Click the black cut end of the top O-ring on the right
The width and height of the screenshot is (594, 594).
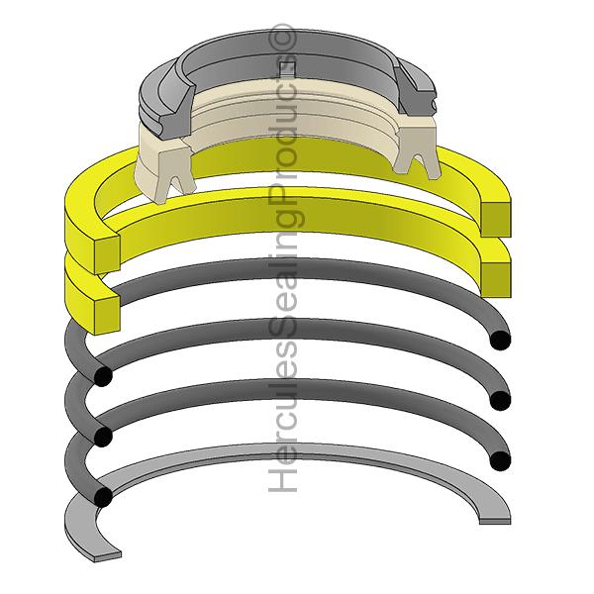coord(501,339)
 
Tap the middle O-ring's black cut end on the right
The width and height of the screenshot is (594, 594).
coord(501,400)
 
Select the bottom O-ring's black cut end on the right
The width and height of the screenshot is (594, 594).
coord(501,461)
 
